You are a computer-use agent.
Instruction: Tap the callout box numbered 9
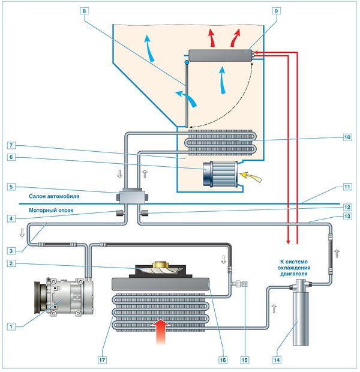point(275,11)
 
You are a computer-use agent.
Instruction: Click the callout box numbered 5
point(11,187)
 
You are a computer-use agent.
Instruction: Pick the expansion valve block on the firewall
point(131,196)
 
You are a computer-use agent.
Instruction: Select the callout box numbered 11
point(347,187)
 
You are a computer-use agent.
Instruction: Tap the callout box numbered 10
point(347,137)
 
